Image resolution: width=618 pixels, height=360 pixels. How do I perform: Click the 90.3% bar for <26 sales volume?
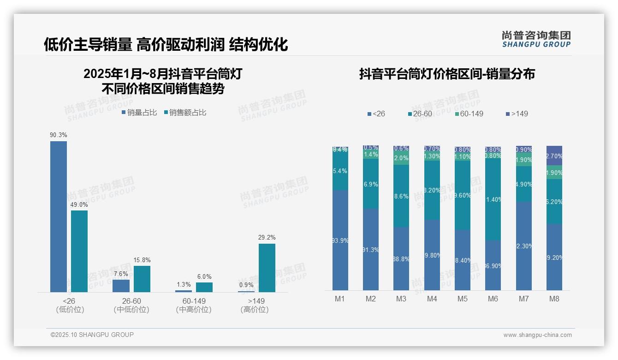[59, 216]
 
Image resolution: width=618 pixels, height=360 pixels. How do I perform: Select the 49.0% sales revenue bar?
[79, 251]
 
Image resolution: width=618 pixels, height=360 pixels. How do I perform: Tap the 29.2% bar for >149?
[267, 268]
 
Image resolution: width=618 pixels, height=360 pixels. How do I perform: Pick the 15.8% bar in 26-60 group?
[142, 279]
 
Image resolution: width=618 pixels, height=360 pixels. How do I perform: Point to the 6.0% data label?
[204, 277]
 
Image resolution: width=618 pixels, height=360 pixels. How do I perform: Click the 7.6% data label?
[121, 274]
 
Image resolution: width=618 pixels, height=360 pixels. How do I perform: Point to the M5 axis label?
[463, 299]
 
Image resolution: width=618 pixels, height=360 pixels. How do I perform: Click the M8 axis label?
[554, 299]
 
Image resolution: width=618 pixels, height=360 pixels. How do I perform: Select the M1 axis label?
[340, 299]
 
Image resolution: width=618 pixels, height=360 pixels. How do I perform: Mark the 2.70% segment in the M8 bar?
[554, 156]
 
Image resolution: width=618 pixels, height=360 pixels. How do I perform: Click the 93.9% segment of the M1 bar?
[340, 240]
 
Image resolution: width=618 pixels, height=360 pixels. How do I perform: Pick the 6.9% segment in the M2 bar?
[371, 184]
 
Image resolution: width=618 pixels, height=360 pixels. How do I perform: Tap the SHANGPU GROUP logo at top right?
[536, 39]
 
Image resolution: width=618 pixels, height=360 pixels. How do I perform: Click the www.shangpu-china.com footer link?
[537, 335]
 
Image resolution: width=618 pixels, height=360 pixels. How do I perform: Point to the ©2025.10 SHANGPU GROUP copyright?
[92, 335]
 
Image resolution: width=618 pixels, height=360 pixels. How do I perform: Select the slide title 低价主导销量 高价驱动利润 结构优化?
[166, 44]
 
